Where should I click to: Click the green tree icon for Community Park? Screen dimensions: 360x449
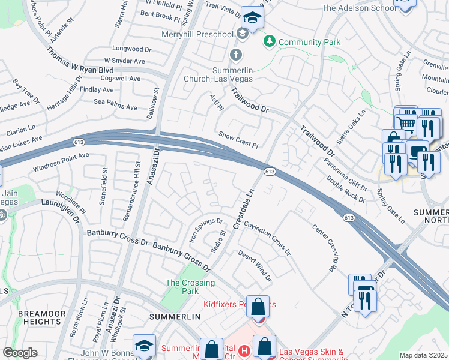tap(270, 41)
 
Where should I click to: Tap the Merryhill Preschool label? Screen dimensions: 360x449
tap(197, 34)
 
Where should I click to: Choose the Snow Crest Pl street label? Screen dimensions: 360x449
tap(238, 140)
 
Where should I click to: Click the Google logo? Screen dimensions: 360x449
tap(20, 352)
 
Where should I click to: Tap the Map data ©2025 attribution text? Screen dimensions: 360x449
tap(423, 355)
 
